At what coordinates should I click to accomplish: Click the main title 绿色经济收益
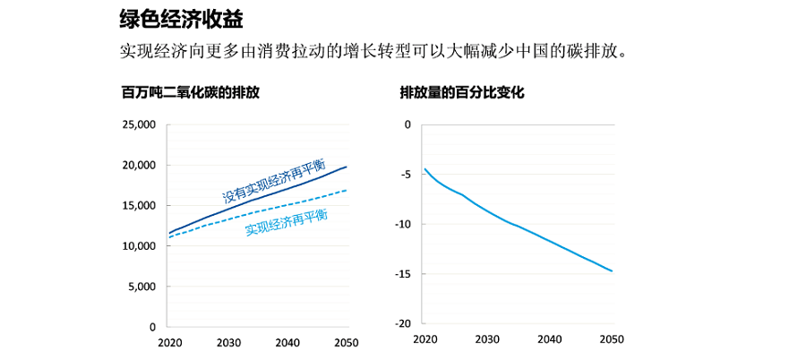[x=181, y=17]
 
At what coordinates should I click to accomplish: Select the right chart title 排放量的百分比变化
[x=461, y=92]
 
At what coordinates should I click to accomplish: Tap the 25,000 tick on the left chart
[x=139, y=124]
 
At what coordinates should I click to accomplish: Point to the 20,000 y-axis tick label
[x=139, y=165]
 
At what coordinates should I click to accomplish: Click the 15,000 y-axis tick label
[x=139, y=206]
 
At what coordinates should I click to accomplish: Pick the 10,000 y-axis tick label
[x=139, y=246]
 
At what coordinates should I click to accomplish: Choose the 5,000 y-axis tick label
[x=141, y=287]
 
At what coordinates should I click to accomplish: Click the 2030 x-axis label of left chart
[x=227, y=343]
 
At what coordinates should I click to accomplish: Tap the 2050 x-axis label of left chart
[x=347, y=343]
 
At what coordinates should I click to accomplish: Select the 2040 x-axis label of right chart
[x=549, y=340]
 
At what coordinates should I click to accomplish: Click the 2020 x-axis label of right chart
[x=424, y=340]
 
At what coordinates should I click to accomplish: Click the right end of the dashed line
[x=347, y=190]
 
